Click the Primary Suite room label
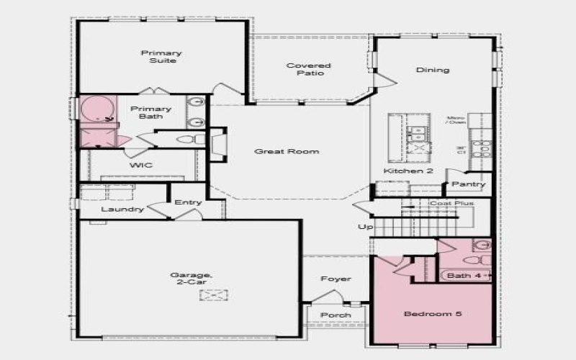pyautogui.click(x=161, y=57)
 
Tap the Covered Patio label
pyautogui.click(x=309, y=69)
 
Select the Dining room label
pyautogui.click(x=433, y=70)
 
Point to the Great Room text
pyautogui.click(x=287, y=151)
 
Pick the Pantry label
pyautogui.click(x=469, y=184)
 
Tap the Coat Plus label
pyautogui.click(x=451, y=204)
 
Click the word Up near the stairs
pyautogui.click(x=365, y=227)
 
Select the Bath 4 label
pyautogui.click(x=459, y=275)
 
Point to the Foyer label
pyautogui.click(x=336, y=279)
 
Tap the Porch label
pyautogui.click(x=336, y=315)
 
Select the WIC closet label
pyautogui.click(x=140, y=165)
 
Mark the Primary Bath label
pyautogui.click(x=146, y=112)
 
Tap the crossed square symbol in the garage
pyautogui.click(x=214, y=294)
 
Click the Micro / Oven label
pyautogui.click(x=455, y=120)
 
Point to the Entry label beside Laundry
pyautogui.click(x=188, y=202)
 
